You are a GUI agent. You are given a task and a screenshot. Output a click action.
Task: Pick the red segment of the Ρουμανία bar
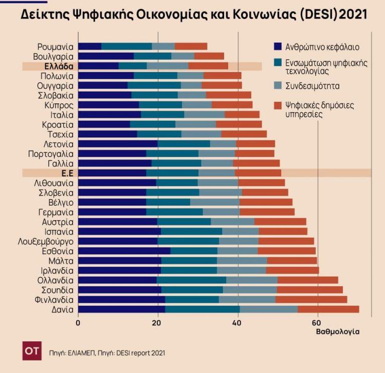191,47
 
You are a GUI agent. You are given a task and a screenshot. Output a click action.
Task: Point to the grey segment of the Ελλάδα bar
167,66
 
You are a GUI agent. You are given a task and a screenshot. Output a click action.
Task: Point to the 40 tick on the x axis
237,323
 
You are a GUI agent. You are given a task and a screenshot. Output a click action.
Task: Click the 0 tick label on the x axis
78,323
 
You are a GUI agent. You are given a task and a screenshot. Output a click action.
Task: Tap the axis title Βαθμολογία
338,332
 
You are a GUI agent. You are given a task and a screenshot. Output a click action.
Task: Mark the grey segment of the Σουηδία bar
250,290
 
